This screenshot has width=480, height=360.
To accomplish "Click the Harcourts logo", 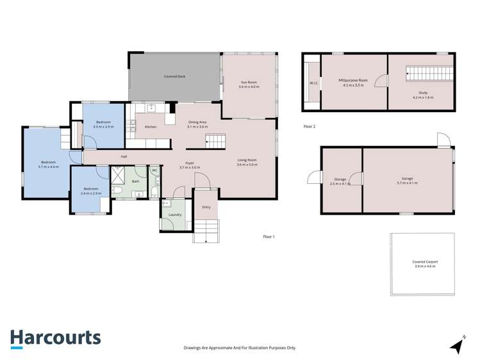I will (55, 339).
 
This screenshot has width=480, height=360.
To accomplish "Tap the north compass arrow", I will (458, 345).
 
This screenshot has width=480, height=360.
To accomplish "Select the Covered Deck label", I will (174, 76).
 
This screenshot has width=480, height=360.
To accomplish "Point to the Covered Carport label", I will (424, 263).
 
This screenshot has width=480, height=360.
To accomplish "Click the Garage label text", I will (407, 179).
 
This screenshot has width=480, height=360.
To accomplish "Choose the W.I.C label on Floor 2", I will (313, 83).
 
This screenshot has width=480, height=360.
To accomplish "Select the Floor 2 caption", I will (309, 127).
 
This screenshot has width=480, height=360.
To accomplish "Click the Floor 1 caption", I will (269, 237).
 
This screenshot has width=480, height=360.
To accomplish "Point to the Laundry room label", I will (174, 215).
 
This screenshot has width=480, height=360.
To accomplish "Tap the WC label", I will (154, 170).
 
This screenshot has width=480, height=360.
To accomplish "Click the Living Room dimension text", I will (247, 165).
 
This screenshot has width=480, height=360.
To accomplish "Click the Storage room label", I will (340, 181).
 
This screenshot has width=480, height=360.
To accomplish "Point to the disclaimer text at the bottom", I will (240, 348).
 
